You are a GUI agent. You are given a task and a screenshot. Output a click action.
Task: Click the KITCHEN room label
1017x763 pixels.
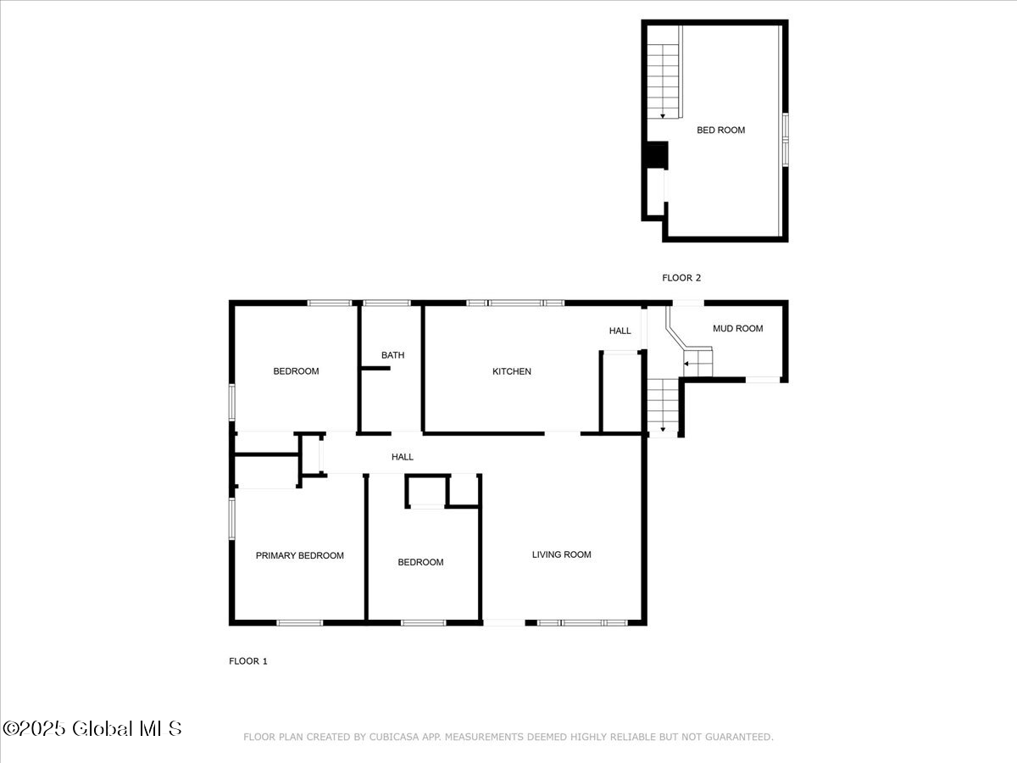(x=512, y=371)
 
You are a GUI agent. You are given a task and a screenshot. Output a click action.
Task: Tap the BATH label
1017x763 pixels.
(x=392, y=355)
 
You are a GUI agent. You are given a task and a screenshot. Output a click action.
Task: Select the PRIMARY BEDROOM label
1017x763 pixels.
(x=300, y=555)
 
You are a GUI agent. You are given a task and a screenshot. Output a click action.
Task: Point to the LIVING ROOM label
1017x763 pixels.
(x=561, y=554)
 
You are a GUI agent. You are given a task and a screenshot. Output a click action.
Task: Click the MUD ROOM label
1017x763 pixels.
(x=737, y=328)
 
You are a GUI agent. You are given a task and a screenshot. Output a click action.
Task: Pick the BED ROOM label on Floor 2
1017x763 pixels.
(x=720, y=130)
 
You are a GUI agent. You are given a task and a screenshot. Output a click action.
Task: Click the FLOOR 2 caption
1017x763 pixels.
(x=681, y=277)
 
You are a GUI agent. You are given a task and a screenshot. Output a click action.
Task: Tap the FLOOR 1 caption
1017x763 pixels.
(x=248, y=661)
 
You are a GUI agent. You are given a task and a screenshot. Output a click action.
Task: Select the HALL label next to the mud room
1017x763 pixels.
(x=620, y=331)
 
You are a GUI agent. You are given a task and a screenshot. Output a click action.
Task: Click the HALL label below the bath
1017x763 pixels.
(x=403, y=457)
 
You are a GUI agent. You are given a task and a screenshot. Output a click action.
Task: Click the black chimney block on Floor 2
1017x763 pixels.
(x=656, y=156)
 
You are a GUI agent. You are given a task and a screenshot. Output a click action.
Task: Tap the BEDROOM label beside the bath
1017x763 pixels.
(x=296, y=370)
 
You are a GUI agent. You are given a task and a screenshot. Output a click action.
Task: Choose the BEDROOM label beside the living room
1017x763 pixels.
(x=420, y=562)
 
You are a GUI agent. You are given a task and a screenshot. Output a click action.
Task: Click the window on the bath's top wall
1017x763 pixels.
(x=386, y=303)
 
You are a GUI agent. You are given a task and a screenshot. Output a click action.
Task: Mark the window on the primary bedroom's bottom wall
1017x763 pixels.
(x=300, y=623)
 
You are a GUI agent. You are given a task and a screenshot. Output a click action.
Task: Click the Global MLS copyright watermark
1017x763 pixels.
(x=92, y=728)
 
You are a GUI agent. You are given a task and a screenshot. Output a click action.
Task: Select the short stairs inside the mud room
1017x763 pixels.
(x=698, y=364)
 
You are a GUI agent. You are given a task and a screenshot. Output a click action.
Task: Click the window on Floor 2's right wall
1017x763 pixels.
(x=785, y=138)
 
